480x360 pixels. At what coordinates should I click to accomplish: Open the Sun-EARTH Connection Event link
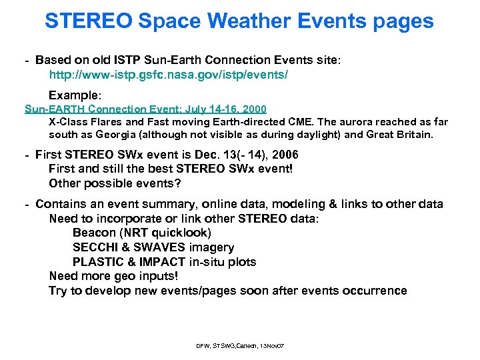[x=145, y=109]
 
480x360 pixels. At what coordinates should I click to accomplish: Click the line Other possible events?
[x=115, y=183]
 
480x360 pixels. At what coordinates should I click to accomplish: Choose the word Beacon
[x=93, y=233]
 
